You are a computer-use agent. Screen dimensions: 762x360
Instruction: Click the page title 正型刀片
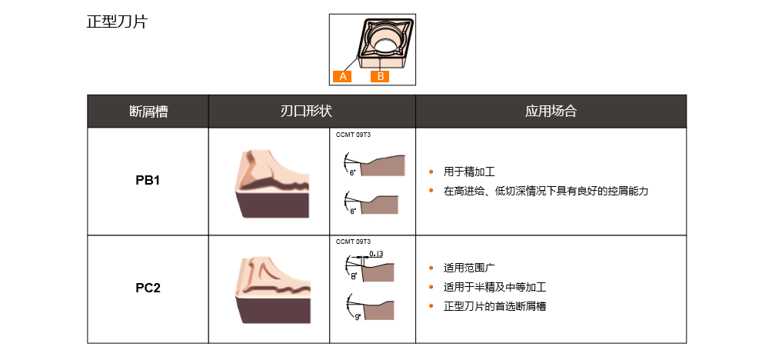[117, 22]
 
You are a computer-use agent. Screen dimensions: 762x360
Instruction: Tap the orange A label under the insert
[343, 76]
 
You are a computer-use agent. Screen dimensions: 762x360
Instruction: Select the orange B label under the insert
[380, 76]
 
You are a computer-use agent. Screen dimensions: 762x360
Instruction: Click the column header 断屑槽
[148, 112]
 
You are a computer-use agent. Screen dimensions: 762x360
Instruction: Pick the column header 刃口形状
[312, 112]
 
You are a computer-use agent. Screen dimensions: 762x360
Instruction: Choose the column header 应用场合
[551, 112]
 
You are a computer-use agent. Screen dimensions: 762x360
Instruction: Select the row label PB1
[148, 181]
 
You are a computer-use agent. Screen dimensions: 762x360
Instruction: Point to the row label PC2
[148, 288]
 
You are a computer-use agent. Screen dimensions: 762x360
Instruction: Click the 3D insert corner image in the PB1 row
[272, 184]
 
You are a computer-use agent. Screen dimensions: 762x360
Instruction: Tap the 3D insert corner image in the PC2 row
[272, 290]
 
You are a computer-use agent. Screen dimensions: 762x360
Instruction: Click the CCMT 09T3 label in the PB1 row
[353, 135]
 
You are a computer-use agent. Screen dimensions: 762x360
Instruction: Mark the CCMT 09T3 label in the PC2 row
[353, 242]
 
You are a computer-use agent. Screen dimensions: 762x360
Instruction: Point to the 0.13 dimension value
[376, 254]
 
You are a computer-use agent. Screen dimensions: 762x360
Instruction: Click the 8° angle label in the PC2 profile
[353, 276]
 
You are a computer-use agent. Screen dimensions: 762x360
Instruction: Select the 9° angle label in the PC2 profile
[358, 317]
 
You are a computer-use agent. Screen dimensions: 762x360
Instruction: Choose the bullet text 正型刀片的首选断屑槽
[494, 306]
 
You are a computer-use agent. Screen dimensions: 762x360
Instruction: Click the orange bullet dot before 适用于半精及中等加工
[431, 287]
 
